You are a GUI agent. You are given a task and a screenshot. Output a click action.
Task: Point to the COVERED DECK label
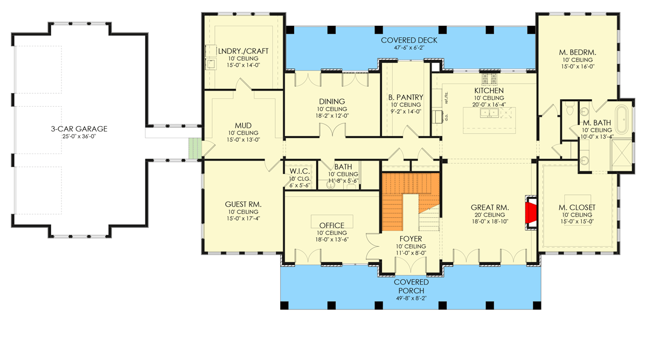409,40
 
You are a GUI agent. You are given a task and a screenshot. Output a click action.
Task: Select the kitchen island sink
491,113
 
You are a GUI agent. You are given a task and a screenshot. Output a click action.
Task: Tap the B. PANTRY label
405,98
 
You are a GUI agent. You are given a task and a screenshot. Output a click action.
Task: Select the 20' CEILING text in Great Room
490,214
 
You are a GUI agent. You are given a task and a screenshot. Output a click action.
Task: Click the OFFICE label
331,225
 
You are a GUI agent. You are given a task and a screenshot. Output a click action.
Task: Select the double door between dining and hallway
332,130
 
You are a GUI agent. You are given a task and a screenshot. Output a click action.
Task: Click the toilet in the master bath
569,112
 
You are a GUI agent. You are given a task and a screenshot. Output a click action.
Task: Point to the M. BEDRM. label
578,52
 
